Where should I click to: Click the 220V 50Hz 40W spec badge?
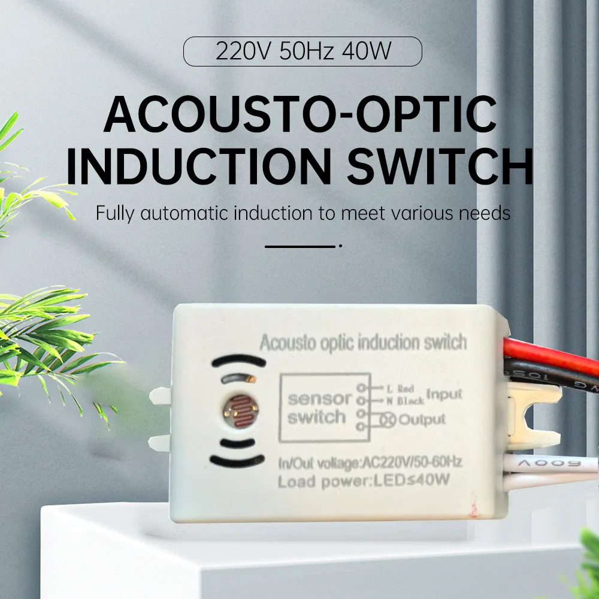[302, 52]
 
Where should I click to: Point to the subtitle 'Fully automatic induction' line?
[303, 213]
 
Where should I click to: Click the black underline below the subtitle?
[299, 246]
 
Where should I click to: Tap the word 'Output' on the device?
[422, 419]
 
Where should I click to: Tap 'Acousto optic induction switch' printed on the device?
[362, 343]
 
